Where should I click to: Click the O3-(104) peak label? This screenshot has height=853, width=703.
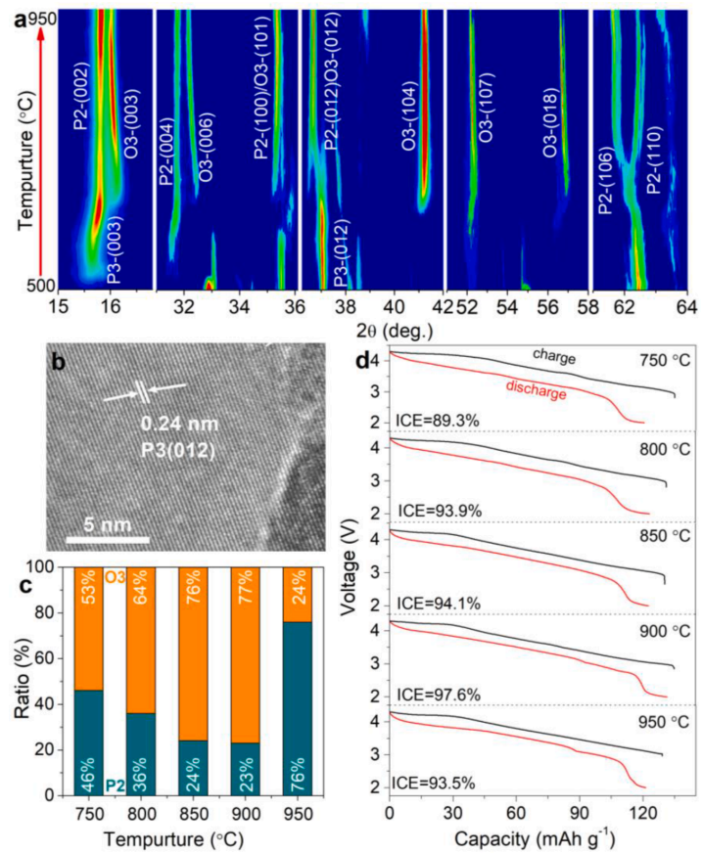[407, 123]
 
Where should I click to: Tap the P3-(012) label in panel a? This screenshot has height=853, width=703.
[340, 255]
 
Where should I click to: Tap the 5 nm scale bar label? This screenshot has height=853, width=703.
[107, 518]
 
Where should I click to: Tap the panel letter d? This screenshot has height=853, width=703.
[363, 359]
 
